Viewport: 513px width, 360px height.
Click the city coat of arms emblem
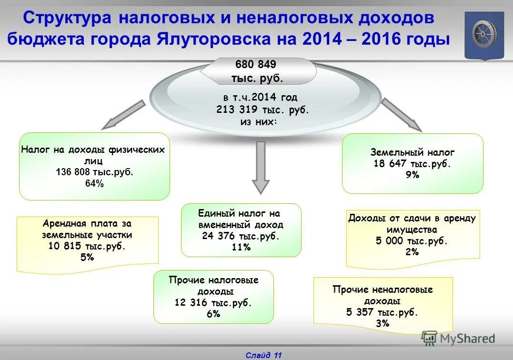pos(484,35)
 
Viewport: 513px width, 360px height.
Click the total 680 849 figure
pos(256,64)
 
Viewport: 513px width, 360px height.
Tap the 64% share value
pos(94,184)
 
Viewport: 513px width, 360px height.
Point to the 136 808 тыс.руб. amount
pos(94,172)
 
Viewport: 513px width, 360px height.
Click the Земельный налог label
pos(412,152)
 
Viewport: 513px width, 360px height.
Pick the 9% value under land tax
pos(412,175)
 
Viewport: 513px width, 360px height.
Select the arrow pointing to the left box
pos(123,115)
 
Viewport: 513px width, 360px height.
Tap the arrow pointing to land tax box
pos(401,115)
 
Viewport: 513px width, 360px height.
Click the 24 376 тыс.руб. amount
pos(241,236)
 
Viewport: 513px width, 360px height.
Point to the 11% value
pos(241,247)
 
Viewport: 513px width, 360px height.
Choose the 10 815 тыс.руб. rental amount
pos(87,246)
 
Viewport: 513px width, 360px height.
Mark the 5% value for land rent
pos(87,257)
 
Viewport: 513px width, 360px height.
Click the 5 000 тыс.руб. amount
pos(412,241)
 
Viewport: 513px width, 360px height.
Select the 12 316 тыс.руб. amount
pos(213,302)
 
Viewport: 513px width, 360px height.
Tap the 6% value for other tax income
pos(213,314)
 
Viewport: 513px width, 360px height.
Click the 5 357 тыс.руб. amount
pos(383,312)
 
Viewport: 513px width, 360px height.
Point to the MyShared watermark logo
pos(458,339)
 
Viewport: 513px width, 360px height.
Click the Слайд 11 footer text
pos(264,355)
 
